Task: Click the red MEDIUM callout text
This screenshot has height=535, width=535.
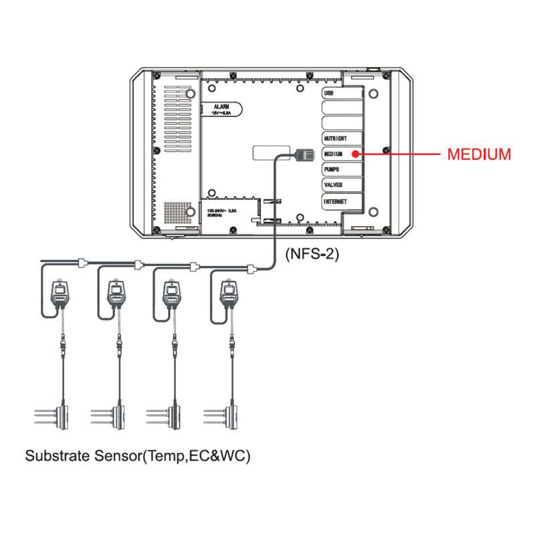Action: [x=479, y=154]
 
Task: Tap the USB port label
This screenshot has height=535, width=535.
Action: [x=328, y=94]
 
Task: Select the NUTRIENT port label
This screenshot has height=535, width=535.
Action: [x=335, y=138]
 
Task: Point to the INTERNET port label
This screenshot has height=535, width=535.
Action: [x=336, y=201]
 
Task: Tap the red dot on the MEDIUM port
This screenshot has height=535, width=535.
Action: [x=354, y=154]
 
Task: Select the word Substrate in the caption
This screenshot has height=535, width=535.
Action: [x=56, y=457]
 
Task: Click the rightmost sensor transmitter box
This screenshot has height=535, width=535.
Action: [x=229, y=294]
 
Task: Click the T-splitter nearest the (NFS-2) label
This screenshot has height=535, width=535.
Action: [x=252, y=270]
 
